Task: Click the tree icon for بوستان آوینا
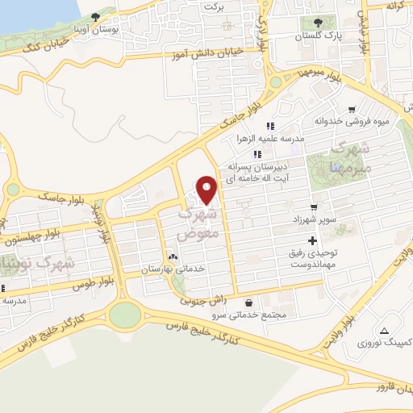96,16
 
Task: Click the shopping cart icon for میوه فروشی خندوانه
352,110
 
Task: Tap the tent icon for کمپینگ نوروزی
384,330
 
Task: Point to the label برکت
213,6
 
